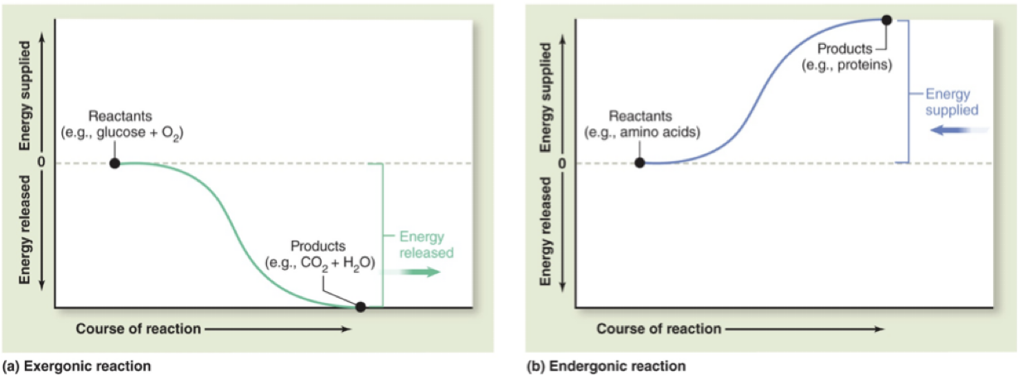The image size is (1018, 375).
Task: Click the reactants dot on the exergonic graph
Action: [x=114, y=163]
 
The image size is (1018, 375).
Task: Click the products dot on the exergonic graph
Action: [x=360, y=307]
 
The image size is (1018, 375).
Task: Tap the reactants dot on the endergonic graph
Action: [x=639, y=163]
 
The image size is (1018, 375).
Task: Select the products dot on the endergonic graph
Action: [x=886, y=20]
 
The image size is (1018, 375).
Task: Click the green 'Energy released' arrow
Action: [x=420, y=273]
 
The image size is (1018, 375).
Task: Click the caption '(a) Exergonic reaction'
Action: [x=78, y=365]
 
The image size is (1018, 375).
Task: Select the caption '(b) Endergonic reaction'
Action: [x=606, y=365]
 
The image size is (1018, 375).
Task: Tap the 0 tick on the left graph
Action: [x=41, y=161]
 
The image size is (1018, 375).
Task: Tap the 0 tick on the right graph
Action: [x=563, y=163]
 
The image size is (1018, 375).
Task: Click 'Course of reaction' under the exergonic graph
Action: [x=138, y=329]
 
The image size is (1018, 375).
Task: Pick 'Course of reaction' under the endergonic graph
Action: [x=658, y=329]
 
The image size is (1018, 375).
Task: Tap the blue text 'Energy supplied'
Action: [x=951, y=102]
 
